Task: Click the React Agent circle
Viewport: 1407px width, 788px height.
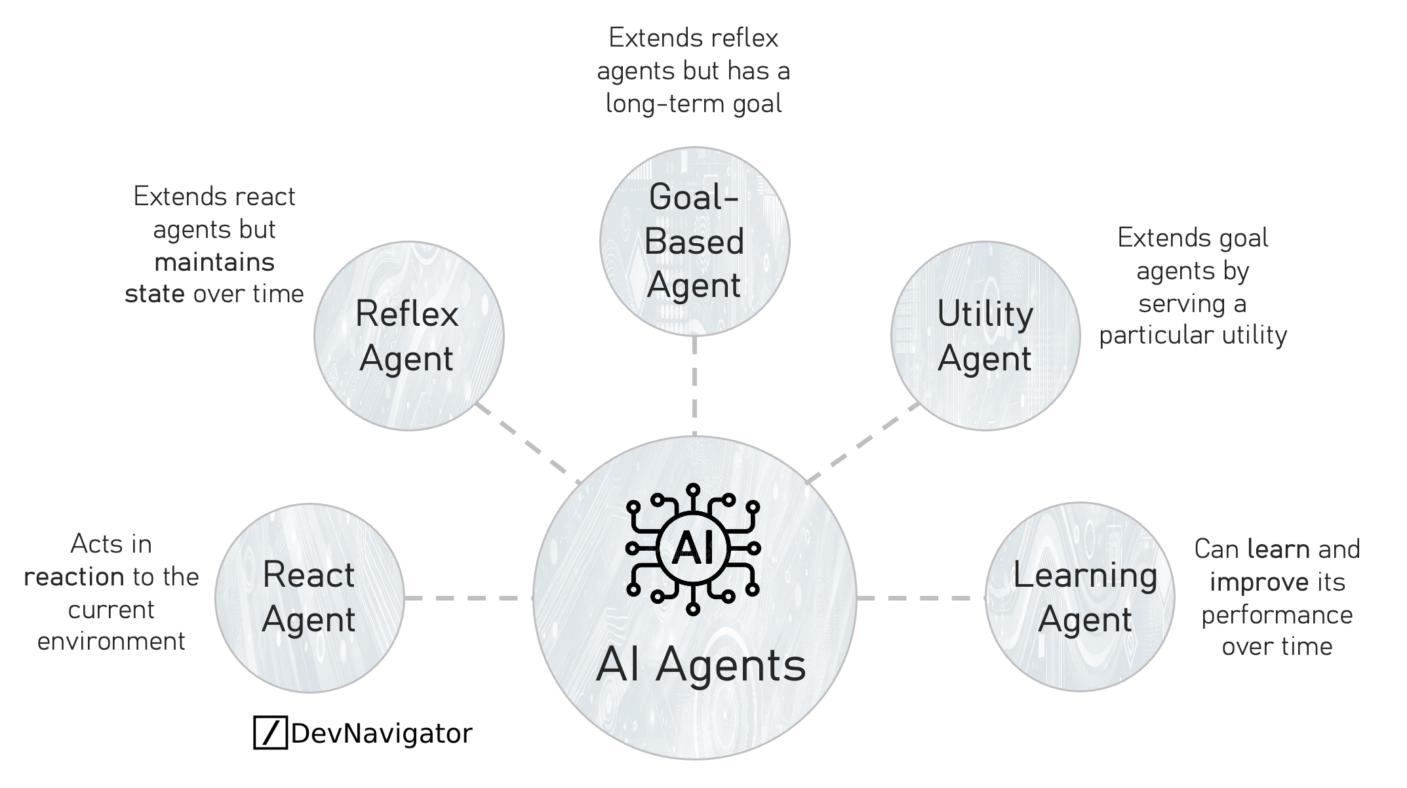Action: (x=309, y=598)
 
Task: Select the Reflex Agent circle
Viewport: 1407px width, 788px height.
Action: (x=408, y=336)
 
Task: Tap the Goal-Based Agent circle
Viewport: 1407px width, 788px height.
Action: (x=694, y=241)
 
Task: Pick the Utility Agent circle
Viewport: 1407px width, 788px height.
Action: (x=985, y=336)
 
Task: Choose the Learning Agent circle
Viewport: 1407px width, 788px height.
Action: (x=1080, y=597)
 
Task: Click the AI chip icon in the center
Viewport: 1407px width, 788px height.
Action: (x=693, y=549)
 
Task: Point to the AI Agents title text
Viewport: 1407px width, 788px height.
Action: (x=700, y=665)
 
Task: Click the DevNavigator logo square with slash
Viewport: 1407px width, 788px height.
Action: (x=270, y=733)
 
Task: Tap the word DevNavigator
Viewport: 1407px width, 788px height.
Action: (x=382, y=733)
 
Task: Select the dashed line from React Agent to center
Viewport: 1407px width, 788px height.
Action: (x=468, y=598)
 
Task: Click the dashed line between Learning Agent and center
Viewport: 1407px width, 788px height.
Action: (x=921, y=598)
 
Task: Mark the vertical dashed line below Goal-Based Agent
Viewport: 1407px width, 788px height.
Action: (x=694, y=385)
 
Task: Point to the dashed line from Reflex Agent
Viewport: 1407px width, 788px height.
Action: (x=528, y=443)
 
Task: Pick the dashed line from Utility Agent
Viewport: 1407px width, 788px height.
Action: (x=862, y=443)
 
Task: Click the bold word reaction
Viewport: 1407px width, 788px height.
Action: (x=74, y=577)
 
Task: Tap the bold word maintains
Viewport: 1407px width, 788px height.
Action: (x=214, y=262)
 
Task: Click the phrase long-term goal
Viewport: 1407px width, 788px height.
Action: (x=694, y=104)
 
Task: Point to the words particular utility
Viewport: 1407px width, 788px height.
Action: (x=1193, y=335)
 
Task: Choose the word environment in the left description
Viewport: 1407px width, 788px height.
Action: (x=111, y=641)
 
